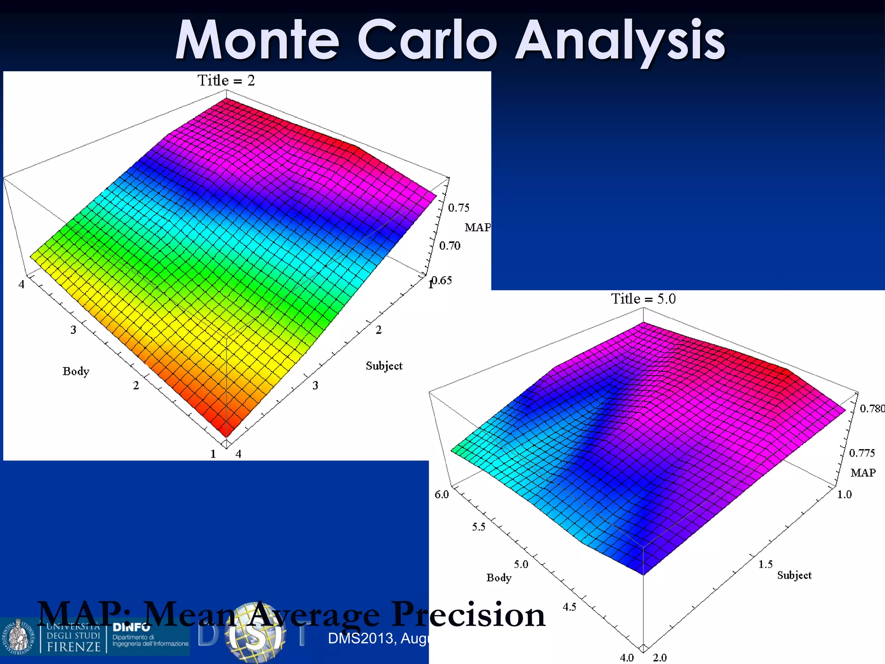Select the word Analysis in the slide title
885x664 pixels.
click(620, 41)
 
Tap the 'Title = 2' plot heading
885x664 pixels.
click(226, 80)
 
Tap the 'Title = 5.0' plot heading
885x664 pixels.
click(643, 299)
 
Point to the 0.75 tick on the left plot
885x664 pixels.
click(458, 208)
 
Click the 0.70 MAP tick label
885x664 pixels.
click(450, 246)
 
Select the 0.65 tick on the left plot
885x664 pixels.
click(442, 281)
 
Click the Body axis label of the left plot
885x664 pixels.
click(76, 371)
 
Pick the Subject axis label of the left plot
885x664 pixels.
click(384, 366)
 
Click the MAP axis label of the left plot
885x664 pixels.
click(478, 227)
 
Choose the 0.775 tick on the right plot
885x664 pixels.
click(862, 453)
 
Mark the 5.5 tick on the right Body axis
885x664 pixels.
click(478, 527)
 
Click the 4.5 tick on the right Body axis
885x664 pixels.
click(569, 607)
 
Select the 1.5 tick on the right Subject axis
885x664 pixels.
click(765, 564)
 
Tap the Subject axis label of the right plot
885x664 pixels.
click(794, 575)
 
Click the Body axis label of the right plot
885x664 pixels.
click(499, 578)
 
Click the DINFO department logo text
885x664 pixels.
click(131, 627)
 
